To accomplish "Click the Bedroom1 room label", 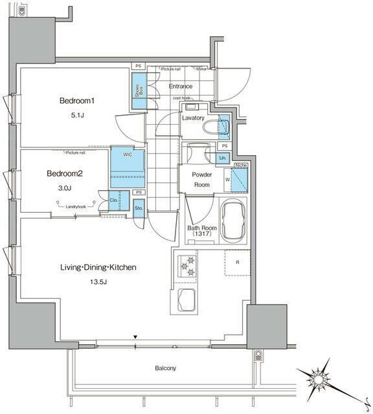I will [x=77, y=101].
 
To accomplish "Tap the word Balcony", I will [x=165, y=368].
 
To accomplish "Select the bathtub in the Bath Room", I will [x=232, y=222].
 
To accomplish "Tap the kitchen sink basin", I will [x=188, y=300].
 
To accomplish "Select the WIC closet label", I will [x=121, y=155].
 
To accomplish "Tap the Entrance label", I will [x=180, y=86].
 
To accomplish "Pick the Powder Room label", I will [x=201, y=179].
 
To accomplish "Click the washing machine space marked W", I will [x=227, y=180].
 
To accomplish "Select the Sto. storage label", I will [x=139, y=208].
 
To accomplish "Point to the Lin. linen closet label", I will [x=221, y=158].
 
